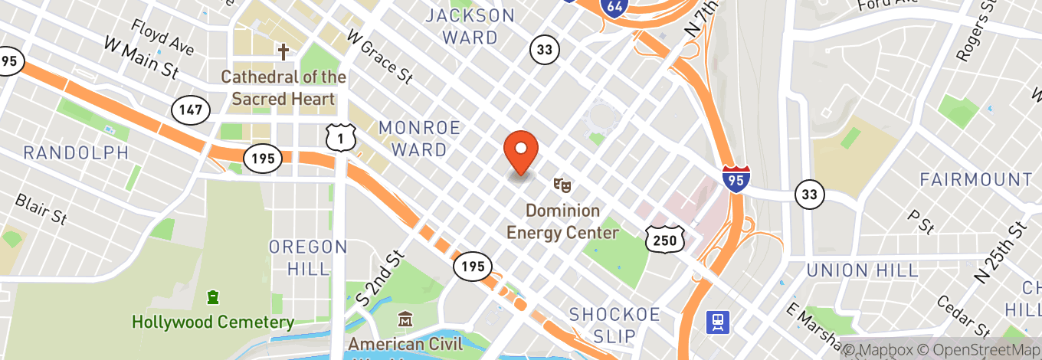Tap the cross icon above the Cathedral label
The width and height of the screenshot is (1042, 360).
point(283,52)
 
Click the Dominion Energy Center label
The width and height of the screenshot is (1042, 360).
point(562,221)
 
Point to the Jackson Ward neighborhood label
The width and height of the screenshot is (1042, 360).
point(470,26)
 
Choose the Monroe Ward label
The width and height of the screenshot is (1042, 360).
point(419,138)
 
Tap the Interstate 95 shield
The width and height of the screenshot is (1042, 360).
point(736,177)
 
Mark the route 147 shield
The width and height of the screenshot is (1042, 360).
point(190,109)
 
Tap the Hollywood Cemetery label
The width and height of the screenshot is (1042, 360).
point(213,322)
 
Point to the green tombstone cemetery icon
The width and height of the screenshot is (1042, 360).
point(213,296)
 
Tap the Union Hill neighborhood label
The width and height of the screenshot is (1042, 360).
point(862,270)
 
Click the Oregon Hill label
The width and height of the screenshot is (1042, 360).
point(308,257)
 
